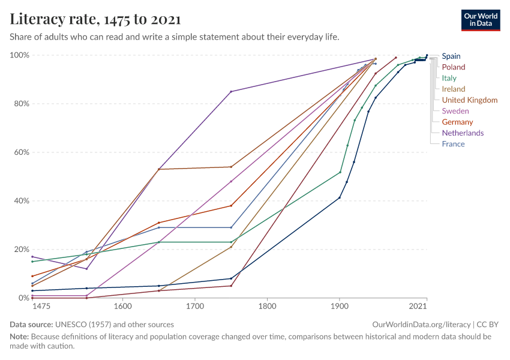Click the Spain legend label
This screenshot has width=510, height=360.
click(451, 56)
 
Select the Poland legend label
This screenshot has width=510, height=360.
click(454, 67)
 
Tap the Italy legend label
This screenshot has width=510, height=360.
click(449, 78)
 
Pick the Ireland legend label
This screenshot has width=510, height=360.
click(454, 89)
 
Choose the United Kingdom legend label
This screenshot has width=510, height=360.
click(470, 100)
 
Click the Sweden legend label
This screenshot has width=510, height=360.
click(455, 111)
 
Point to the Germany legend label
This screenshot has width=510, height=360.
click(457, 122)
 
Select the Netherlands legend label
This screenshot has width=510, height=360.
click(463, 133)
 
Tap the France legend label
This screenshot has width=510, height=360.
click(453, 143)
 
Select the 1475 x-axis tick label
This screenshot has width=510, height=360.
click(41, 307)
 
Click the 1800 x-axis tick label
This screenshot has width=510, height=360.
click(267, 307)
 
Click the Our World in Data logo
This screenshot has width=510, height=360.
click(480, 20)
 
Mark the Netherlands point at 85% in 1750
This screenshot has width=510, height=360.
click(231, 91)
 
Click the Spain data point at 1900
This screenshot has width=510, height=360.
click(340, 197)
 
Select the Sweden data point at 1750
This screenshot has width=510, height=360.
click(231, 181)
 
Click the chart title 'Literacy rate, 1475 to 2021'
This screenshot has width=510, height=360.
click(95, 20)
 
